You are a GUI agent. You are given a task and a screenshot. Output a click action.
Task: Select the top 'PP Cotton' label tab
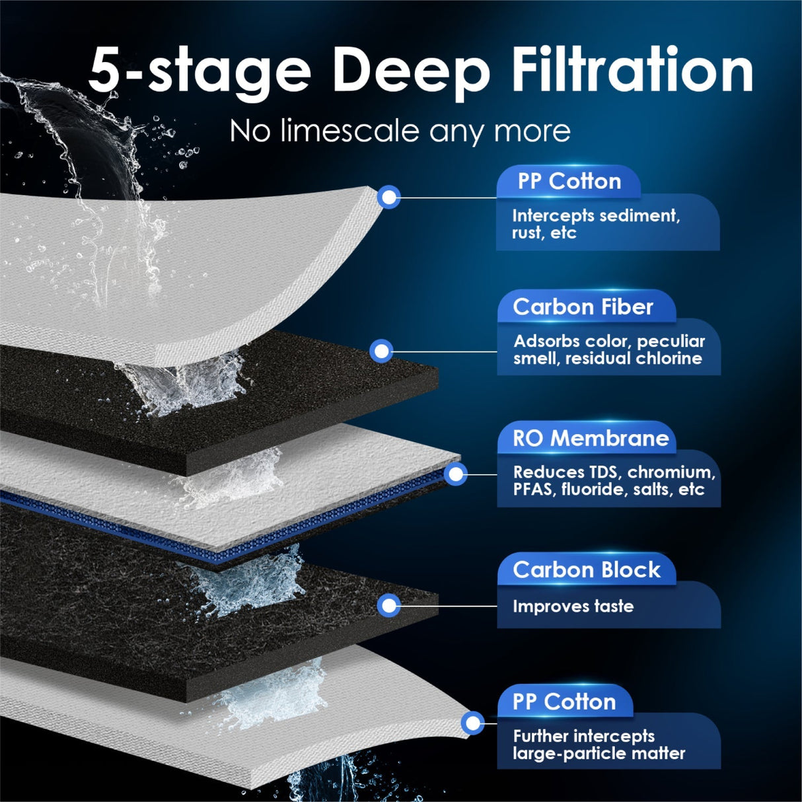569,181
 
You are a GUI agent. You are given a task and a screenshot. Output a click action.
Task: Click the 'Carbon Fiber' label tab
583,307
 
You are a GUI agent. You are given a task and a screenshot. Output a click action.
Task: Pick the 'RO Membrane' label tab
591,438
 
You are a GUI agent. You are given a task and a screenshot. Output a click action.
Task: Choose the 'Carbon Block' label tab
586,569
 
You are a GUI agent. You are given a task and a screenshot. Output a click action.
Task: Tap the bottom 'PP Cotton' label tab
564,702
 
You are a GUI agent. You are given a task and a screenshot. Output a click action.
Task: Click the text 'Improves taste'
573,606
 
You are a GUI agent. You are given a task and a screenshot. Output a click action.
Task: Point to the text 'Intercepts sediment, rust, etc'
595,224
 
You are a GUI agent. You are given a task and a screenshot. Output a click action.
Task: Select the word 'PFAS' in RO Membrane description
534,490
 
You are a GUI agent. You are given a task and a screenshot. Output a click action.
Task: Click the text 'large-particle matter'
599,753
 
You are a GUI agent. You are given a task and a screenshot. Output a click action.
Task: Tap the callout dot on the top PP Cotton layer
390,197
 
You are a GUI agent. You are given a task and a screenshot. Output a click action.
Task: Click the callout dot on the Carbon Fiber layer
381,351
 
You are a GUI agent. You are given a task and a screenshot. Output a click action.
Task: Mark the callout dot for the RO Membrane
456,474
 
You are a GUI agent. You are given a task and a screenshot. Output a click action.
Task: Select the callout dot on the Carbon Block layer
389,605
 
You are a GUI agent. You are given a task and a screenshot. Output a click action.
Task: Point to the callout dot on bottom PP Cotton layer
472,723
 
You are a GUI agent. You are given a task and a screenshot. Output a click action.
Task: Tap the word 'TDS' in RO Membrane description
604,472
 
